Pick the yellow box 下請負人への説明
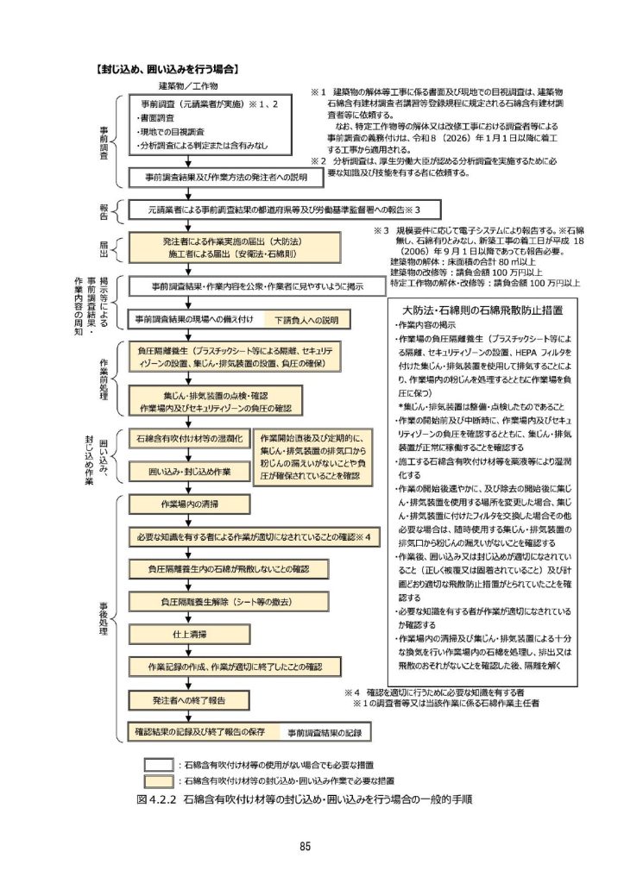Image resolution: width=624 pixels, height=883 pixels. click(x=307, y=319)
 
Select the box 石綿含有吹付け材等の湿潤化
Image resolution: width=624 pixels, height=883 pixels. click(x=189, y=439)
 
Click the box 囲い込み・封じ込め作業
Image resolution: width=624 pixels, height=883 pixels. click(x=189, y=473)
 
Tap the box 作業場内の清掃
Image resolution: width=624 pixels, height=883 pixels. click(x=189, y=504)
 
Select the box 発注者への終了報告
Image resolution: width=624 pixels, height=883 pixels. click(x=189, y=699)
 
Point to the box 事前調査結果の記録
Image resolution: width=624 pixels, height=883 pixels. click(x=323, y=731)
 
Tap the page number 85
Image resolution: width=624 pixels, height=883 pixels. click(x=305, y=846)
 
